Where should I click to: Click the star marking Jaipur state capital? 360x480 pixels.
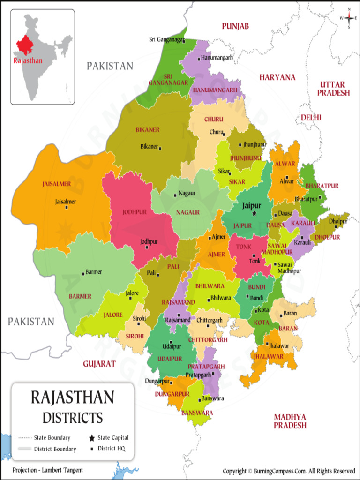pyautogui.click(x=255, y=213)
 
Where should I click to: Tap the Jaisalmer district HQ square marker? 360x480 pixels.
pyautogui.click(x=66, y=207)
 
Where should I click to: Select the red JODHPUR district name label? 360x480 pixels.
pyautogui.click(x=135, y=212)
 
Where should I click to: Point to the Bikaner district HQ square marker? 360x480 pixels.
pyautogui.click(x=160, y=148)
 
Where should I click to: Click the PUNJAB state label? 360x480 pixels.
pyautogui.click(x=235, y=26)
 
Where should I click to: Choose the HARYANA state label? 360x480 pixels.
pyautogui.click(x=277, y=77)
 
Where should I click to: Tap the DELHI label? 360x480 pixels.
pyautogui.click(x=311, y=117)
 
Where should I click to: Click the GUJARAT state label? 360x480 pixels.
pyautogui.click(x=99, y=363)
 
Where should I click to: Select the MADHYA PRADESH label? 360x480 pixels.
pyautogui.click(x=290, y=421)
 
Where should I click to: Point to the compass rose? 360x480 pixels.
pyautogui.click(x=349, y=18)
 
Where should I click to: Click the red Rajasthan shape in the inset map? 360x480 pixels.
pyautogui.click(x=25, y=45)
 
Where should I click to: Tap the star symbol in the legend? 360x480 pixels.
pyautogui.click(x=91, y=438)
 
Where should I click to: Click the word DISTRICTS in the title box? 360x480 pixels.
pyautogui.click(x=73, y=417)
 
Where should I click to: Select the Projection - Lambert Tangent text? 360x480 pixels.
pyautogui.click(x=48, y=470)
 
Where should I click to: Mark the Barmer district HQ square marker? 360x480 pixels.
pyautogui.click(x=83, y=273)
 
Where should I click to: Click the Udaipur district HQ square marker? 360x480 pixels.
pyautogui.click(x=171, y=342)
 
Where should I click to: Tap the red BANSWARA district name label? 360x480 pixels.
pyautogui.click(x=197, y=412)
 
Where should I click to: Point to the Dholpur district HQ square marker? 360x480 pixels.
pyautogui.click(x=336, y=226)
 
